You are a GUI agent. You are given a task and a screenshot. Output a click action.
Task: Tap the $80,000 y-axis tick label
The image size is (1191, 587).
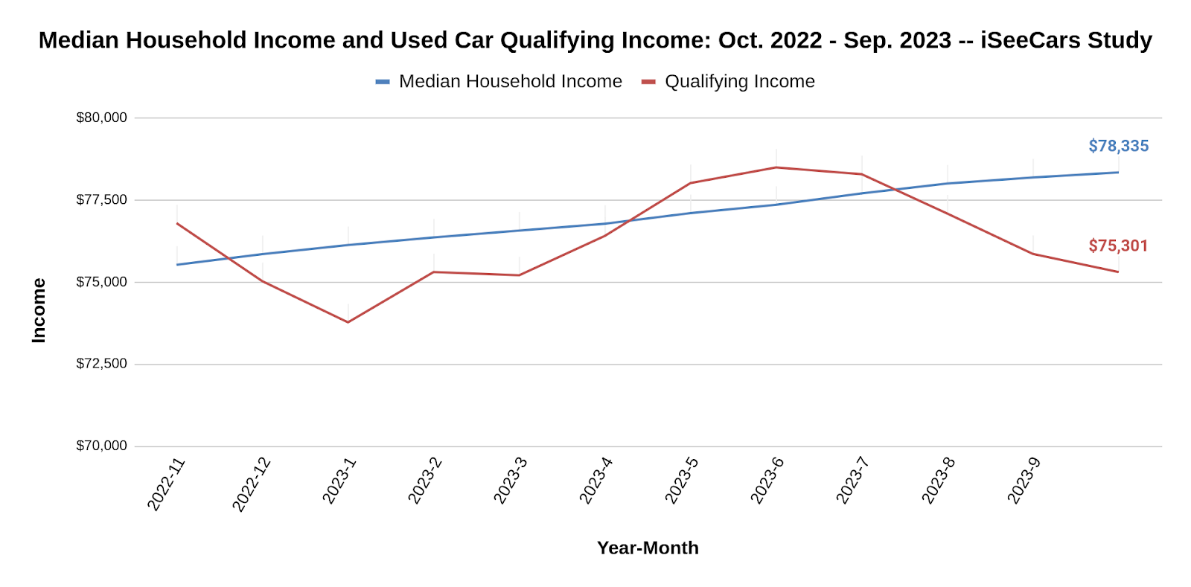102,118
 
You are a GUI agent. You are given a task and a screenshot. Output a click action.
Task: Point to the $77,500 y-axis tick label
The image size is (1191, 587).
102,199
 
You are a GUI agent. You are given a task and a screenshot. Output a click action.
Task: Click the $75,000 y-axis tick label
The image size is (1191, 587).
102,282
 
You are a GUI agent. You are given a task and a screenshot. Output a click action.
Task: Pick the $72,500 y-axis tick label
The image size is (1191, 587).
102,364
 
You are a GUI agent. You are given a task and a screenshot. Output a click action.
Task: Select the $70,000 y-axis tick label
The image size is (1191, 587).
102,446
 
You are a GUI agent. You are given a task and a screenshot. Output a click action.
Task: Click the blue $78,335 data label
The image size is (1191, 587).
1118,146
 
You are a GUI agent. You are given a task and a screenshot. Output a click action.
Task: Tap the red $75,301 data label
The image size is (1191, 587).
1118,246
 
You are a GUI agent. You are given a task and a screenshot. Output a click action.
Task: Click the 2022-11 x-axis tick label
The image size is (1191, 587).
166,484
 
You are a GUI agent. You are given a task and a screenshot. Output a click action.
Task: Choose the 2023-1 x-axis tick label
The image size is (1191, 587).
339,481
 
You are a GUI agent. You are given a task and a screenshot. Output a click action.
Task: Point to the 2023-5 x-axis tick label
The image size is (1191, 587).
682,481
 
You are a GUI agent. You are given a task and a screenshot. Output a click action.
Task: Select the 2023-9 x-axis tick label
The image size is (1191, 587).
1024,481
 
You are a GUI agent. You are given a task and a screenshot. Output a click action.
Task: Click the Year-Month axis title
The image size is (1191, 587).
648,548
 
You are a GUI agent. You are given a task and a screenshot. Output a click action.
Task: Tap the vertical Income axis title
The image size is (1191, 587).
39,310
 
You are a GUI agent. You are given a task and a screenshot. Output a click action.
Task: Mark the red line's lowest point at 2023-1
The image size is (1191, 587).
348,322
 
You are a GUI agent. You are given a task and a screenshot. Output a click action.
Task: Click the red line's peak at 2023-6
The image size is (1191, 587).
776,167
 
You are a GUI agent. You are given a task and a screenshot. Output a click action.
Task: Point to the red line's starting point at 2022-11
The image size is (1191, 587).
177,223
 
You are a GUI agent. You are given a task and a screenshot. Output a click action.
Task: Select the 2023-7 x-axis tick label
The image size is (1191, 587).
853,481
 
